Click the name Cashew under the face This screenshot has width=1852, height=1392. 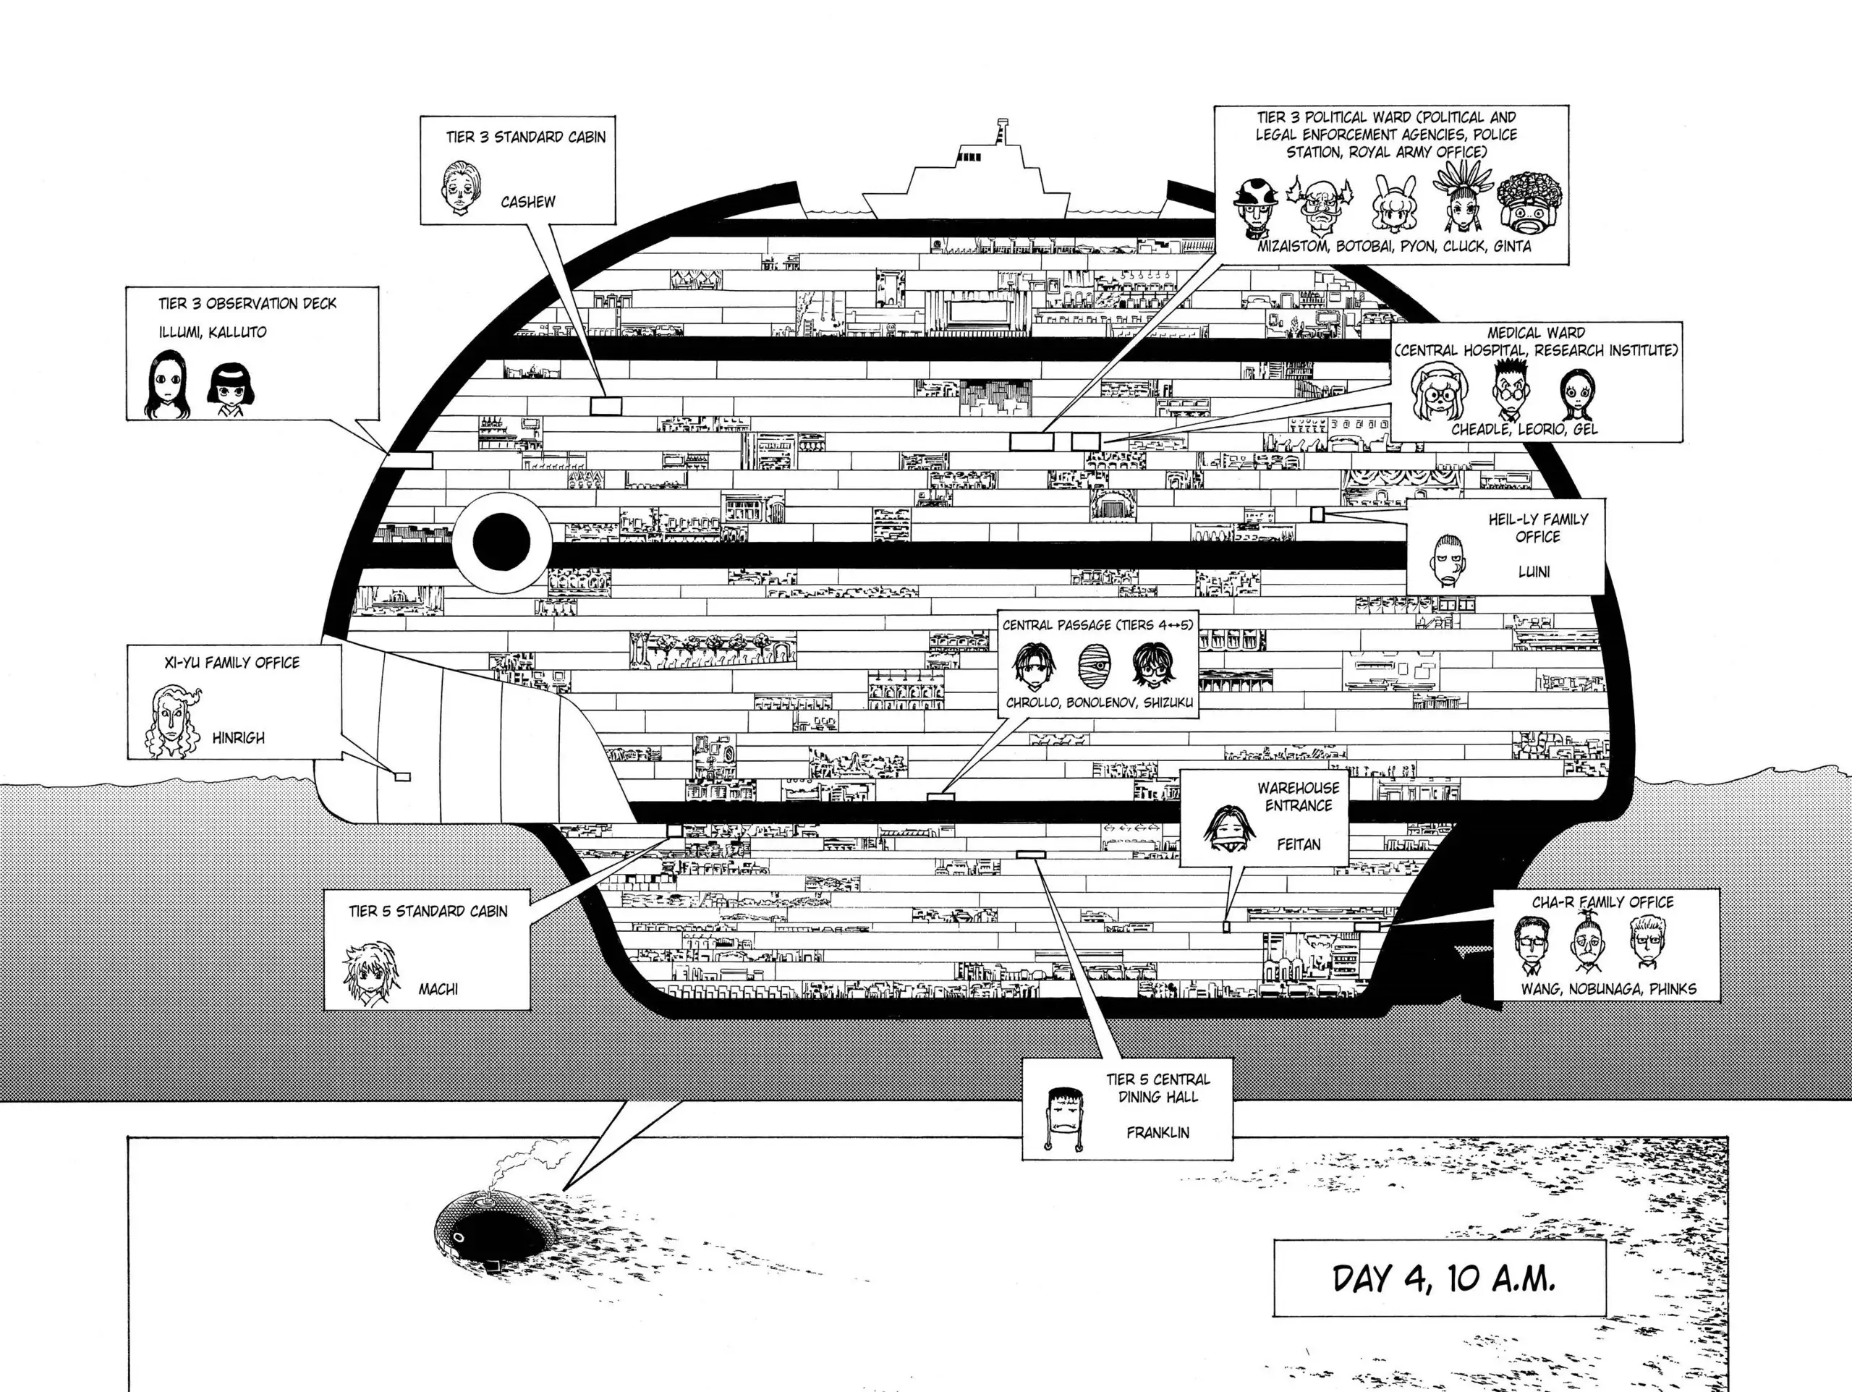click(527, 202)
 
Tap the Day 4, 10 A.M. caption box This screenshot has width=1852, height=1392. click(1439, 1279)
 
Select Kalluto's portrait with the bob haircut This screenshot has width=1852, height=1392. click(225, 389)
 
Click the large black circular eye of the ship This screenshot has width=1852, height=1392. click(501, 542)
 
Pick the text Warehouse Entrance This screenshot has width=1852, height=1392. click(1298, 797)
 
